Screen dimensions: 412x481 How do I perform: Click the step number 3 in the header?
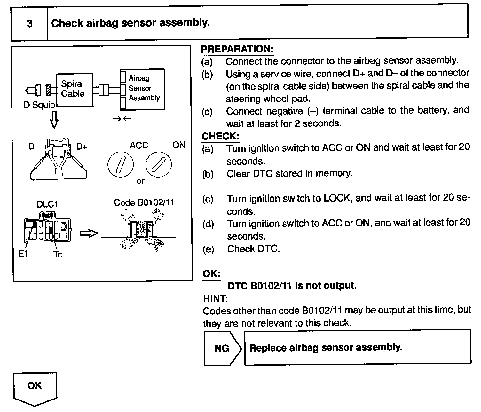29,23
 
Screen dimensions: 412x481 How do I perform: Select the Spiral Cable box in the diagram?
74,90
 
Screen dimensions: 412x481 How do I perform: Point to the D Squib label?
39,105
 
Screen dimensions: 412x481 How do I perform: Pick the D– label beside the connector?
34,147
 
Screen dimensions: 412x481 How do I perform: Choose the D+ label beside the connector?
82,147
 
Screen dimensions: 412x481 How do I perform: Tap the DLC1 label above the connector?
47,204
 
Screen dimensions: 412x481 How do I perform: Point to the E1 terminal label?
23,254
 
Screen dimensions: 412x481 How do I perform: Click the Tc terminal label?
58,255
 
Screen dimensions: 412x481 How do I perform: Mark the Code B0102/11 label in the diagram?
144,202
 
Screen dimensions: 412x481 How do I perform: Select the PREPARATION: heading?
237,49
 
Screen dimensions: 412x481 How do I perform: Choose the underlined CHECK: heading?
220,136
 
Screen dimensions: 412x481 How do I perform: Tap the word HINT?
215,299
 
